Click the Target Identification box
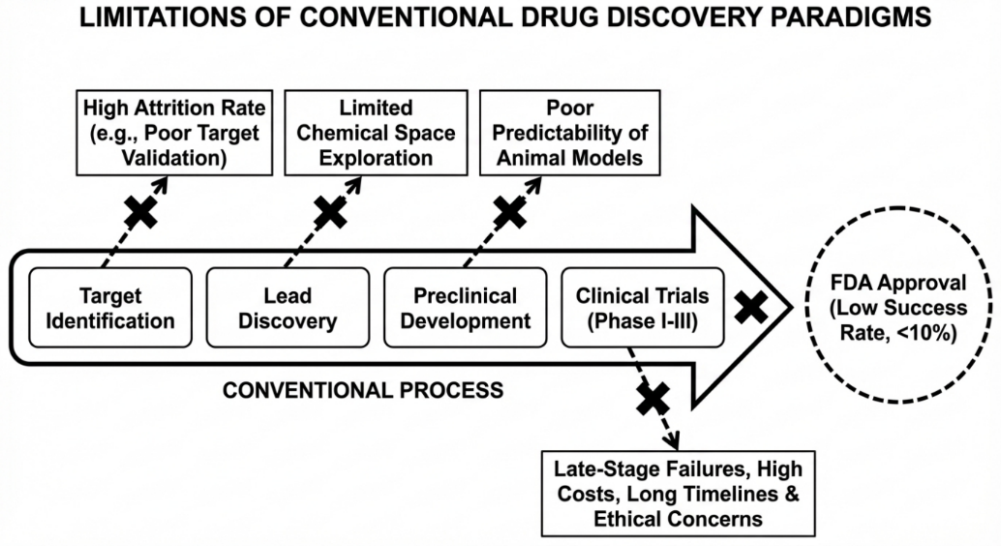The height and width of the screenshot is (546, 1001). tap(103, 308)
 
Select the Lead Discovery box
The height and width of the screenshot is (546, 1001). tap(288, 308)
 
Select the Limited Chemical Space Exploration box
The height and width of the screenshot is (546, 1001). tap(376, 132)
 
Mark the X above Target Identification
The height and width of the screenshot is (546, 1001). tap(141, 210)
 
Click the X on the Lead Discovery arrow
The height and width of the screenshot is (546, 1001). tap(329, 210)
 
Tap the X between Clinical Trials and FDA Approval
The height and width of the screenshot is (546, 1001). tap(751, 309)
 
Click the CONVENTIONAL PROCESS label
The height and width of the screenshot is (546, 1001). tap(362, 391)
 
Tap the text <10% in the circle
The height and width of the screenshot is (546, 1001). tap(927, 332)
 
